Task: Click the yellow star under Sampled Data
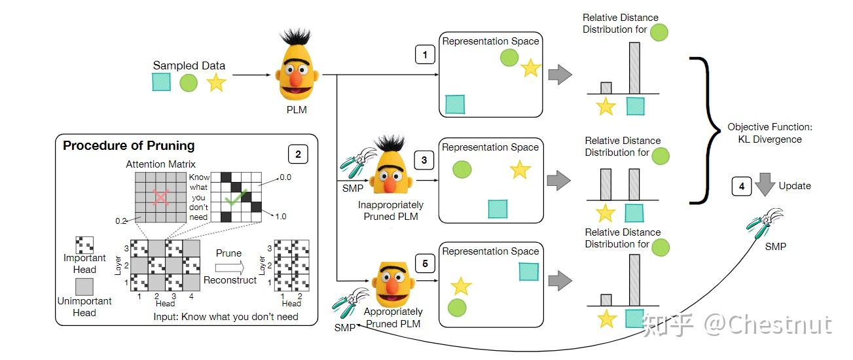(x=216, y=82)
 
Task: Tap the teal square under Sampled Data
(x=161, y=82)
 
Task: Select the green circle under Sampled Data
(x=189, y=82)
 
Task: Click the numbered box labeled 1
(x=425, y=55)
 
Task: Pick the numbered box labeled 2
(x=298, y=154)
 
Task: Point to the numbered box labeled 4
(x=741, y=187)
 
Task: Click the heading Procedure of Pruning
(x=128, y=146)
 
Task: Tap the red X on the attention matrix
(x=160, y=198)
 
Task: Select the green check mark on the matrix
(x=234, y=198)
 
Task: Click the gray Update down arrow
(x=764, y=187)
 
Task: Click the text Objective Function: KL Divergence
(x=764, y=133)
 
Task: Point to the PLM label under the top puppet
(x=296, y=109)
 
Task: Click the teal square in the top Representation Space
(x=455, y=104)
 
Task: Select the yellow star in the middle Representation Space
(x=520, y=170)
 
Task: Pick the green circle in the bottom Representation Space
(x=457, y=306)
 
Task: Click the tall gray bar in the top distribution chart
(x=634, y=68)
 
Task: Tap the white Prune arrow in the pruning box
(x=228, y=267)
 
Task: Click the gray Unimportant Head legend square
(x=84, y=287)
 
